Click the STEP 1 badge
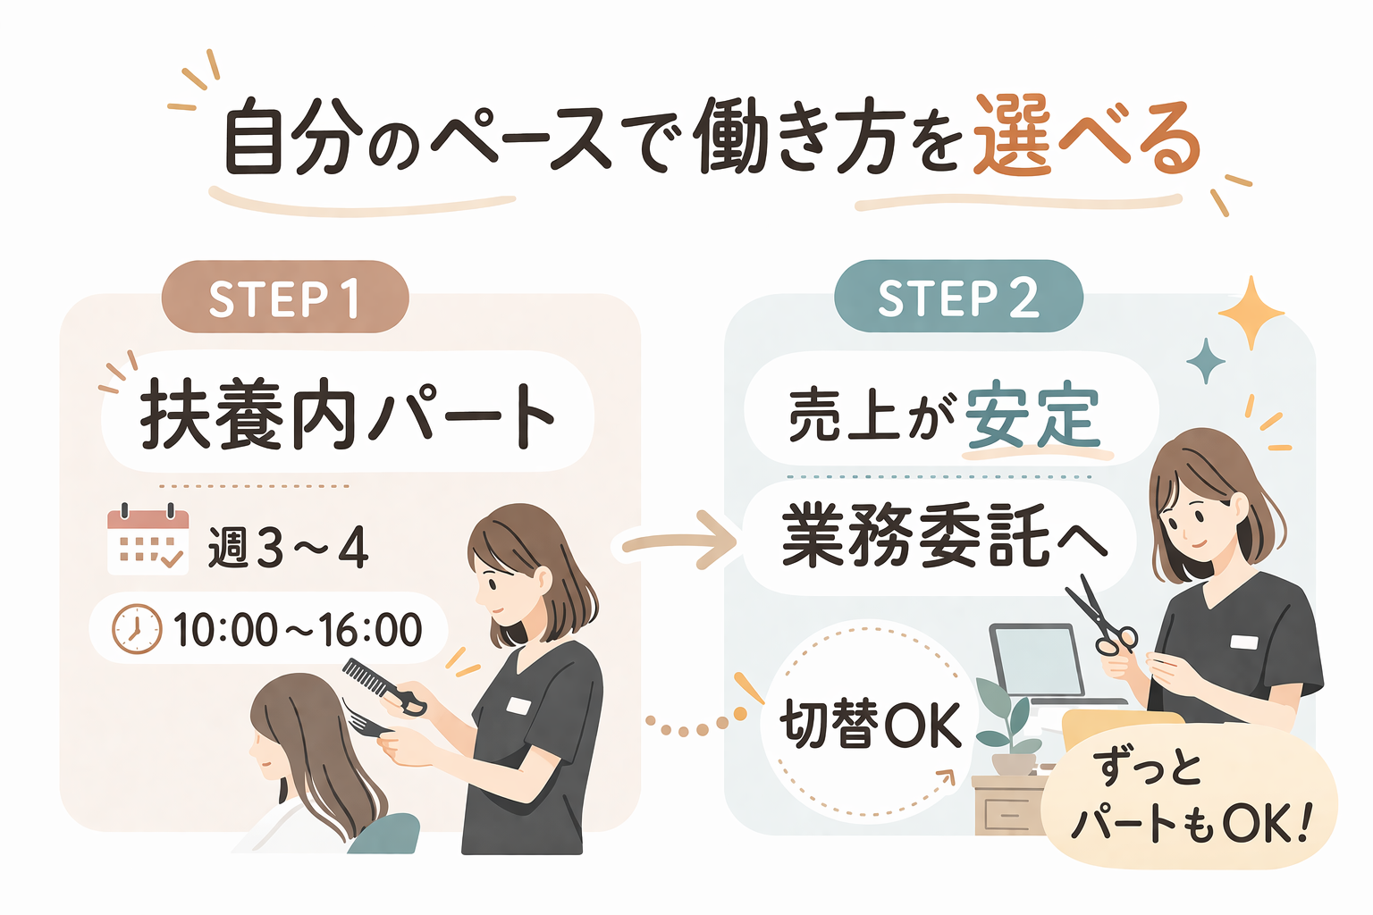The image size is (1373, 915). [284, 298]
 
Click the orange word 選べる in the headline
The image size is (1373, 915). [1085, 139]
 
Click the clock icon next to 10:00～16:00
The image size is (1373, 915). [137, 629]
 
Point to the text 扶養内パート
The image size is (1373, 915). [347, 415]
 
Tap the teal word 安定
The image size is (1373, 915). [1032, 416]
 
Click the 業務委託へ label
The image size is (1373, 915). [944, 536]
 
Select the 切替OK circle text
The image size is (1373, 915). [871, 724]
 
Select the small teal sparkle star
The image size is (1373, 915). [1205, 361]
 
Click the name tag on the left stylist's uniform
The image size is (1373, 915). [518, 706]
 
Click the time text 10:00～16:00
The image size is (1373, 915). [298, 630]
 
